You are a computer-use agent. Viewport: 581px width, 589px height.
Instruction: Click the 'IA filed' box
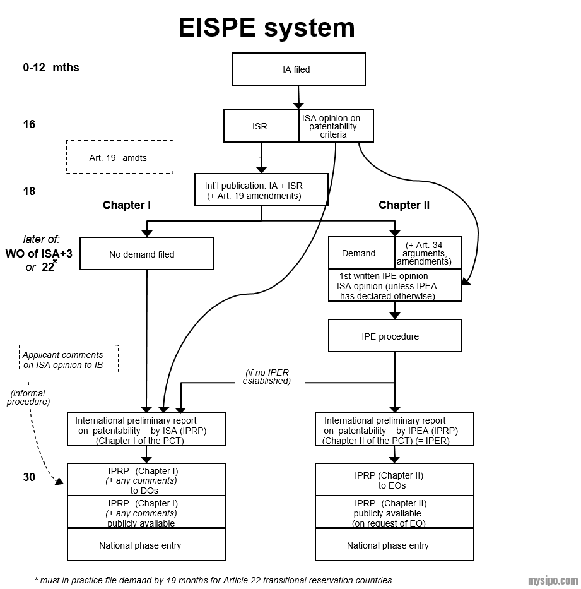click(x=298, y=69)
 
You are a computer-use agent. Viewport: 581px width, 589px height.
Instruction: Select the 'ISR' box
click(x=261, y=126)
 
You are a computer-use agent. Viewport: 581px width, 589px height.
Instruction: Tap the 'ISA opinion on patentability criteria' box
click(x=336, y=126)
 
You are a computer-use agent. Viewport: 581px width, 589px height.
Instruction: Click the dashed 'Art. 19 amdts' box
click(x=119, y=157)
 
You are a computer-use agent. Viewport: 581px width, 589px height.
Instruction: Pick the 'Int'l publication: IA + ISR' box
click(x=261, y=190)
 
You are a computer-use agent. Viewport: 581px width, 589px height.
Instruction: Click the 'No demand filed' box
click(x=146, y=254)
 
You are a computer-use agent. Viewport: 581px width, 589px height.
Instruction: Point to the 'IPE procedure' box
click(x=394, y=336)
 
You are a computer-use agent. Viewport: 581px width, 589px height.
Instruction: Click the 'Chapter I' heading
click(x=127, y=205)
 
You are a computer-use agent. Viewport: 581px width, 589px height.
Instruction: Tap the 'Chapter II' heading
click(x=404, y=205)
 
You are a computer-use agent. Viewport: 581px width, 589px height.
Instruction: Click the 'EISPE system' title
click(x=266, y=28)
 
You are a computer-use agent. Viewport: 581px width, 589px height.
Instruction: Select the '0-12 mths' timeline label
click(x=51, y=68)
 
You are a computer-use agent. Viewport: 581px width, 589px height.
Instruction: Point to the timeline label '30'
click(x=30, y=478)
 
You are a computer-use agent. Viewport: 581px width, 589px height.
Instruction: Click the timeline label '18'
click(x=30, y=191)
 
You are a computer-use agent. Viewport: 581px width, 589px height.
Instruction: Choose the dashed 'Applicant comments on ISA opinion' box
click(x=69, y=360)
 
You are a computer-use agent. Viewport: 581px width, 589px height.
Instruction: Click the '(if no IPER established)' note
click(x=267, y=377)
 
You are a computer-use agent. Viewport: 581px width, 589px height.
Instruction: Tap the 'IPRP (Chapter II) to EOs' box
click(x=394, y=480)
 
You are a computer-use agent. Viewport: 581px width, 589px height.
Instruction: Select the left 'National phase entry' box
click(x=146, y=545)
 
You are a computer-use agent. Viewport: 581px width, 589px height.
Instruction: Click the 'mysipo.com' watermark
click(x=553, y=580)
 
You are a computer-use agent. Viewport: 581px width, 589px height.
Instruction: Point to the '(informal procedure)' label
click(x=28, y=398)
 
